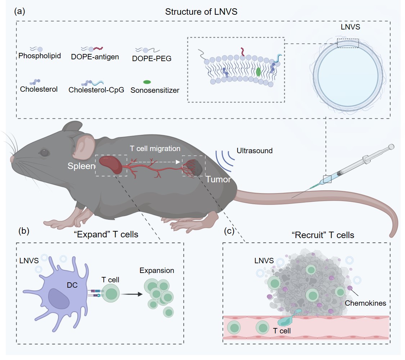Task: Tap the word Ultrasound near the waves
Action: (255, 150)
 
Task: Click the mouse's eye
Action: (44, 153)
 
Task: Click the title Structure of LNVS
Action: (201, 12)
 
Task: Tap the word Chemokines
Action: (365, 303)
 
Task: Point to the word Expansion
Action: (157, 270)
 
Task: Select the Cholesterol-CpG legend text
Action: (96, 90)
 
